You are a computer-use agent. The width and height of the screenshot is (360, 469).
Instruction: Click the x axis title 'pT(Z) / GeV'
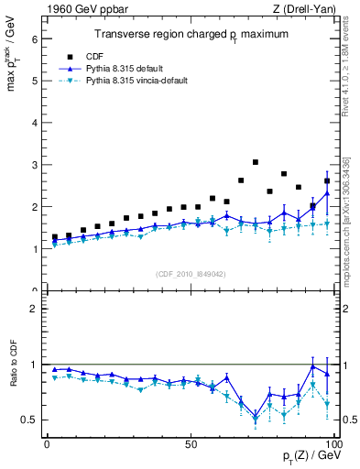pos(311,457)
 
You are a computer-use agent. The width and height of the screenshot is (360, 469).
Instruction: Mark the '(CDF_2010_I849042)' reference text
pos(191,274)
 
